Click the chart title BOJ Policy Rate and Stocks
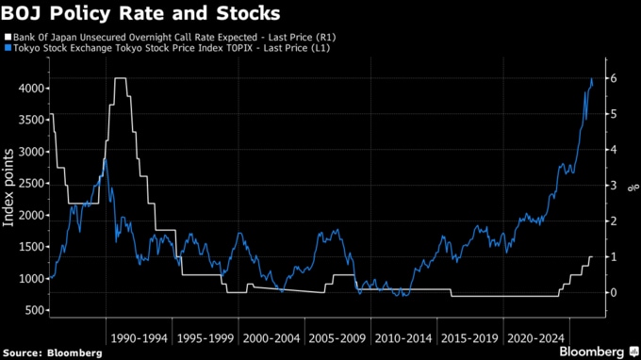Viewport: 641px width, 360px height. (x=140, y=13)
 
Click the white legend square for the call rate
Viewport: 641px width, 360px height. (x=8, y=37)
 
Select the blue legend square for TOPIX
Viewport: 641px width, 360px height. (x=8, y=48)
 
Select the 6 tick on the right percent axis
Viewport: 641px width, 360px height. (x=614, y=78)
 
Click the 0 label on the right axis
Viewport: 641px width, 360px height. (x=614, y=292)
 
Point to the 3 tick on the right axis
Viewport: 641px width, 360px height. (x=614, y=185)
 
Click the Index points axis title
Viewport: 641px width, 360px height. (x=8, y=188)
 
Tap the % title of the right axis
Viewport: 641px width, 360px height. (x=633, y=188)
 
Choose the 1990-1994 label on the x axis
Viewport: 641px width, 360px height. (x=139, y=338)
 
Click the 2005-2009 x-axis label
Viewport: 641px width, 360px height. (x=337, y=338)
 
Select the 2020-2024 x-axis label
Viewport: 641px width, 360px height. (x=536, y=338)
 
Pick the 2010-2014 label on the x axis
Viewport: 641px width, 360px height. (x=403, y=338)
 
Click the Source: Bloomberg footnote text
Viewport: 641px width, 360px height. (x=53, y=352)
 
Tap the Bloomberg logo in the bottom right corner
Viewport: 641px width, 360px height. (x=600, y=352)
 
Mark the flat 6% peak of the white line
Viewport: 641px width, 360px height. (x=121, y=78)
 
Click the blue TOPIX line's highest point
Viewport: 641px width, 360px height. (x=592, y=78)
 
